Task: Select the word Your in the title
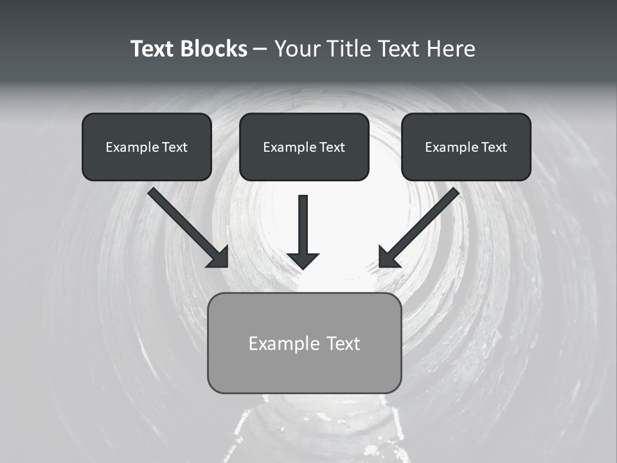pos(298,49)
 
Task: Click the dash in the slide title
pos(260,50)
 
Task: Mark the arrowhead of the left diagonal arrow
pos(219,257)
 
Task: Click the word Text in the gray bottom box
pos(344,343)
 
